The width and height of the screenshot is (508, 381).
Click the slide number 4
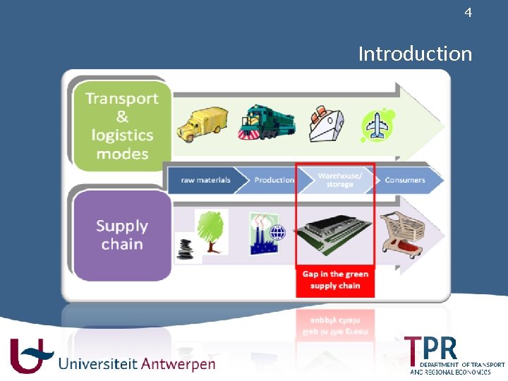[x=468, y=13]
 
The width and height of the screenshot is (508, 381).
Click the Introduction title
[x=415, y=54]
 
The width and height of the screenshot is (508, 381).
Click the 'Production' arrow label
[x=274, y=180]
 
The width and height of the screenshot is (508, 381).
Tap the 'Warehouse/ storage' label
[x=339, y=181]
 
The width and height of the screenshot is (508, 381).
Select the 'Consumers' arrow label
[x=405, y=180]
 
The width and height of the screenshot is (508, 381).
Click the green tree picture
[x=211, y=230]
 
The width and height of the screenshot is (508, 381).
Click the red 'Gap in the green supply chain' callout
[x=335, y=280]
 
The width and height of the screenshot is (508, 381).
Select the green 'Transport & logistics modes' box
[x=122, y=126]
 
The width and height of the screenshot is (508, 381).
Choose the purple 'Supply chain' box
[x=122, y=235]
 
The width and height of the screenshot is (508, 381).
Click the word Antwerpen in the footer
[x=178, y=364]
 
